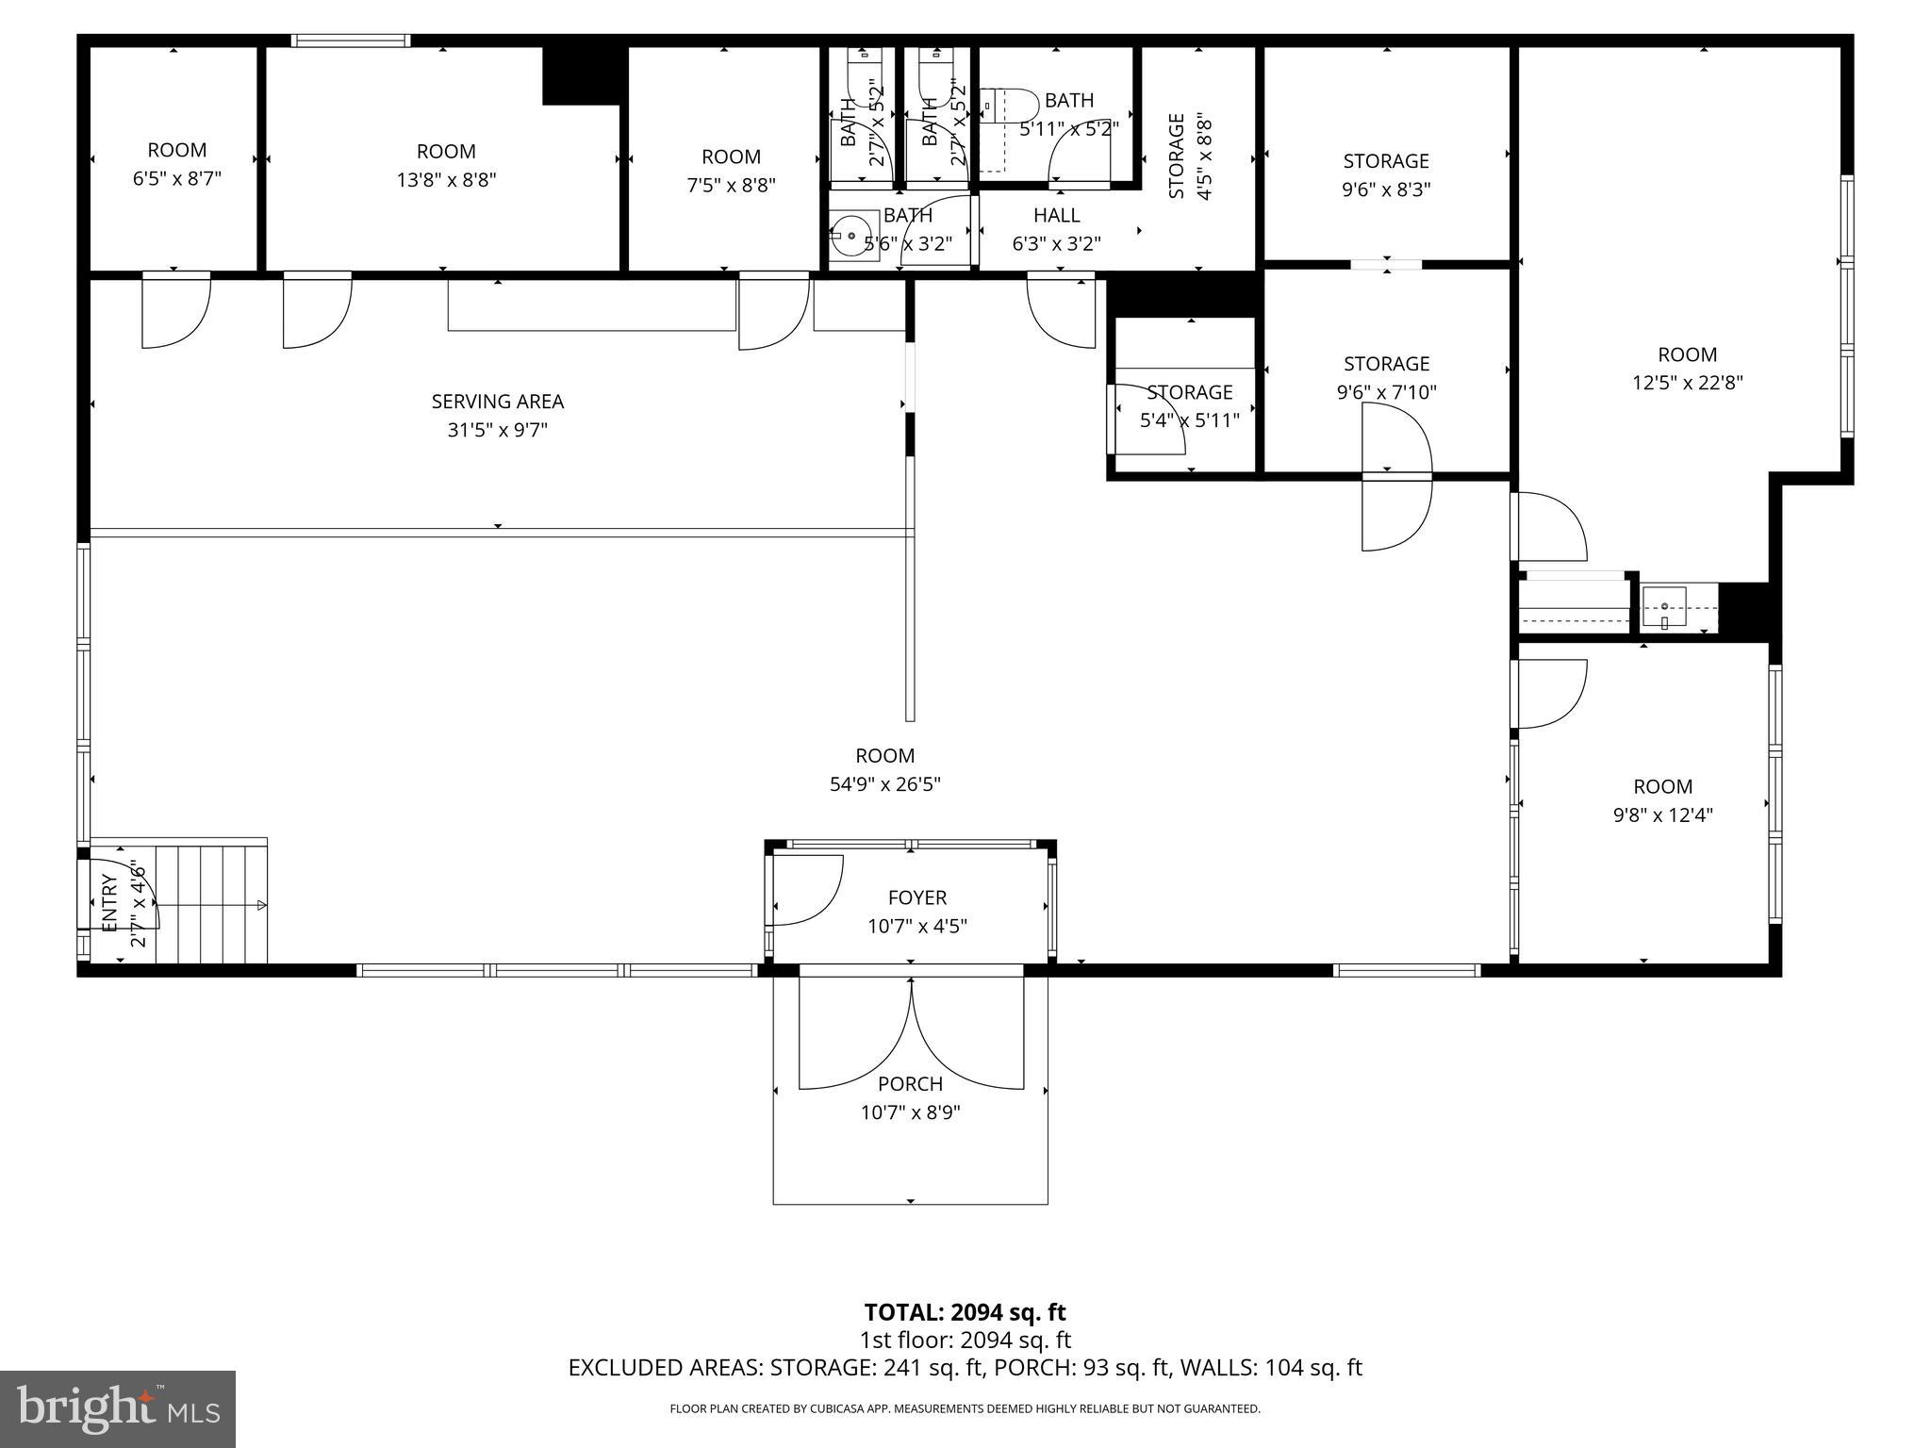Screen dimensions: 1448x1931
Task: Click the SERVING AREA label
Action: coord(497,402)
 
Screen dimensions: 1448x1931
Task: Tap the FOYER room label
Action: coord(916,898)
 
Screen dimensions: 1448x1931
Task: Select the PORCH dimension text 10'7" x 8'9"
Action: coord(910,1112)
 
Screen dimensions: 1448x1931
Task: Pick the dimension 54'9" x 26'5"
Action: coord(884,784)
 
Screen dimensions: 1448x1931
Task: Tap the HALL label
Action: coord(1056,215)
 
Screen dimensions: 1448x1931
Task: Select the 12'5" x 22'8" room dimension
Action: coord(1687,383)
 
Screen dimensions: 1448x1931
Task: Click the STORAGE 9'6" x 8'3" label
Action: coord(1386,161)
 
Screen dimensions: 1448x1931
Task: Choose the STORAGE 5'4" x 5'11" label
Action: coord(1190,392)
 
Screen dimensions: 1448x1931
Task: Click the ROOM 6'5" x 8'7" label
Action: coord(177,151)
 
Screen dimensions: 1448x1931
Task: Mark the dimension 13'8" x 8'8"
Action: coord(446,179)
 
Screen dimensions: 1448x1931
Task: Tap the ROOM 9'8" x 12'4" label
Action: coord(1662,787)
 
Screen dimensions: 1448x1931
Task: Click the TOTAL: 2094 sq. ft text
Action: coord(965,1312)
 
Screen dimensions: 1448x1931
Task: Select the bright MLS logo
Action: coord(118,1408)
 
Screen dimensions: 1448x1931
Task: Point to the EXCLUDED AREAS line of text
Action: coord(965,1368)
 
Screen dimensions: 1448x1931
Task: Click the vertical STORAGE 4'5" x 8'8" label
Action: coord(1189,156)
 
